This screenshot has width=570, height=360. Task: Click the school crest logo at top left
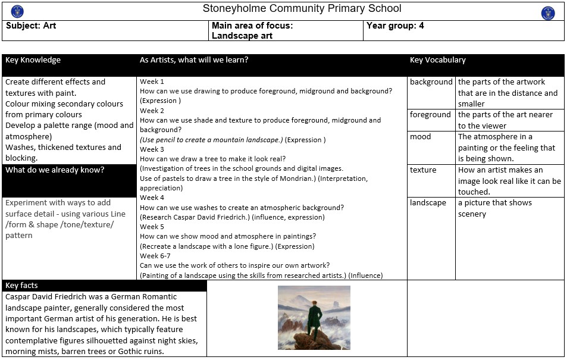[x=17, y=11]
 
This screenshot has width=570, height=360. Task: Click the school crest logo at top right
[x=548, y=13]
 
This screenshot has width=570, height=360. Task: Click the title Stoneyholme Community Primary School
[x=302, y=9]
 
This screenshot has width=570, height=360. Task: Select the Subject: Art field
[x=31, y=26]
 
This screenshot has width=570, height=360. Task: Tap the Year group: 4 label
[x=395, y=26]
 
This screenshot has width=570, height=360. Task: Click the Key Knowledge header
[x=33, y=60]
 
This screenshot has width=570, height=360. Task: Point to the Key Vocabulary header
[x=437, y=60]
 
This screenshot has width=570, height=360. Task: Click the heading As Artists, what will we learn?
[x=194, y=60]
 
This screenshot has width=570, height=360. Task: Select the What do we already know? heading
[x=55, y=170]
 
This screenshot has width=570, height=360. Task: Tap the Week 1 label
[x=152, y=82]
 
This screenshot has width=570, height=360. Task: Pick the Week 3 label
[x=152, y=149]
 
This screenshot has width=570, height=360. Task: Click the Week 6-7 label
[x=156, y=256]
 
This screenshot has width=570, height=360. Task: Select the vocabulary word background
[x=431, y=82]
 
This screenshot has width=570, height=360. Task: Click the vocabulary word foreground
[x=430, y=115]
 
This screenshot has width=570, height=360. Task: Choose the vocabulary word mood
[x=420, y=137]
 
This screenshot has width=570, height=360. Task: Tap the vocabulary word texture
[x=423, y=170]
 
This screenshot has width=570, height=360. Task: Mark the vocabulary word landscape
[x=428, y=203]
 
